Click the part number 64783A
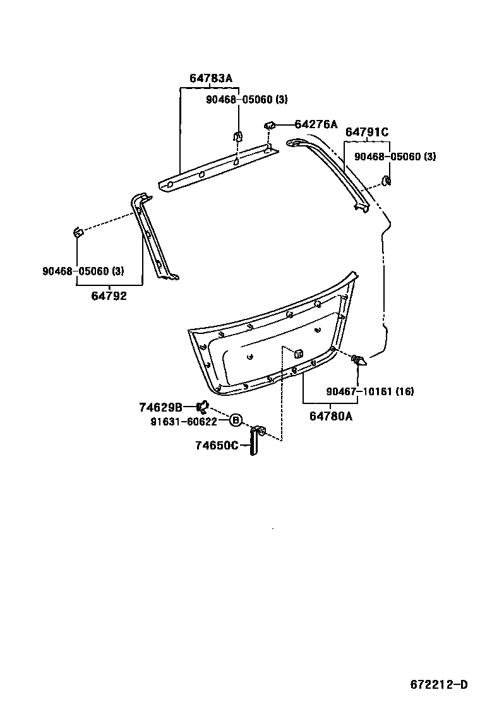(x=211, y=78)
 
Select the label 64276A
(x=316, y=124)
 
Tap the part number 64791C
(x=366, y=132)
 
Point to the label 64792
(x=109, y=295)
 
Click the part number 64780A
(x=331, y=415)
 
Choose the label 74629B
(x=160, y=407)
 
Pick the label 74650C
(x=217, y=446)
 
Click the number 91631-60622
(x=184, y=421)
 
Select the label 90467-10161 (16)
(x=370, y=391)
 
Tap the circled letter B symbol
(x=235, y=420)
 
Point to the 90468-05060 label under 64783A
(x=247, y=100)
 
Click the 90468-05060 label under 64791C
(x=395, y=157)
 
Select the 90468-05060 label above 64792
(x=83, y=271)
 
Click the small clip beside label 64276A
(x=270, y=125)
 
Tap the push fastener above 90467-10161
(x=359, y=361)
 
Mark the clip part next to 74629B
(x=203, y=407)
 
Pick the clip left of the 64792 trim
(x=78, y=232)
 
